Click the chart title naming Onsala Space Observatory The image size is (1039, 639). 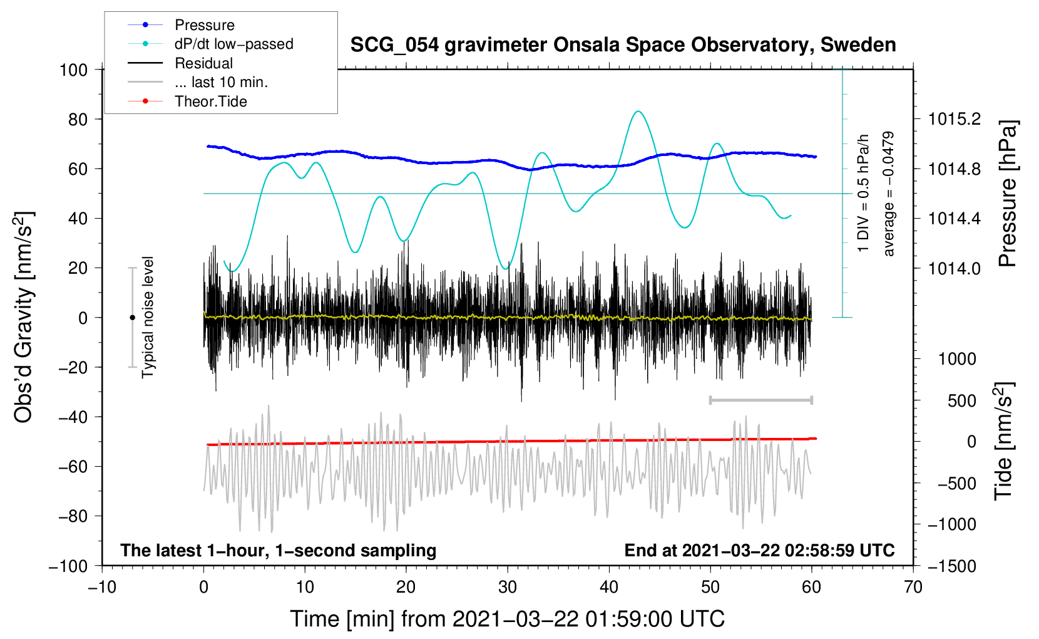point(623,45)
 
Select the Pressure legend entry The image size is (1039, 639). point(204,25)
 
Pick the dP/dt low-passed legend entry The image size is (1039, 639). point(233,44)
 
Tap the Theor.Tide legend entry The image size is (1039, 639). point(210,101)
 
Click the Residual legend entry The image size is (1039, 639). point(203,63)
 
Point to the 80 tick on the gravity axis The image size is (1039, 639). point(78,119)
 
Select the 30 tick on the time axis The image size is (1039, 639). point(508,587)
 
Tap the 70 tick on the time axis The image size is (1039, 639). point(913,587)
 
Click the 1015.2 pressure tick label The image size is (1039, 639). point(954,119)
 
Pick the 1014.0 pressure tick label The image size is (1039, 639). point(954,268)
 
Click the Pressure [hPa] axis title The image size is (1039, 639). point(1007,194)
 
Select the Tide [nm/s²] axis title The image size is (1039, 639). point(1003,441)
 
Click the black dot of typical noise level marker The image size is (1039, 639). point(132,318)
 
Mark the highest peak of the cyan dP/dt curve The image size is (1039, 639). point(638,112)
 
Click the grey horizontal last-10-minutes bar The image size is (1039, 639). point(760,400)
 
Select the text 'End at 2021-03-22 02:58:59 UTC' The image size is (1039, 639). point(759,550)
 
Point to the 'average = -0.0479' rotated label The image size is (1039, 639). point(888,194)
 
